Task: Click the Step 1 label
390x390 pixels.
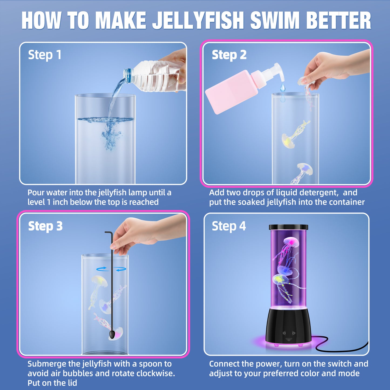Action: pyautogui.click(x=45, y=55)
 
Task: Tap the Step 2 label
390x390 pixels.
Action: pyautogui.click(x=229, y=55)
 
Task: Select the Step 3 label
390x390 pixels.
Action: pyautogui.click(x=45, y=226)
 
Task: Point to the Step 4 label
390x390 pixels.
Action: pyautogui.click(x=229, y=226)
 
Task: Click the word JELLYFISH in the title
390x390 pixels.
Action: pyautogui.click(x=198, y=21)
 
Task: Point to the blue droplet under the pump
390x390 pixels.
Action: pyautogui.click(x=282, y=87)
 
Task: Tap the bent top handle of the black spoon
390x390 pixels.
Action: pyautogui.click(x=108, y=233)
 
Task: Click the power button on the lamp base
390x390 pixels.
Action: pyautogui.click(x=284, y=333)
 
